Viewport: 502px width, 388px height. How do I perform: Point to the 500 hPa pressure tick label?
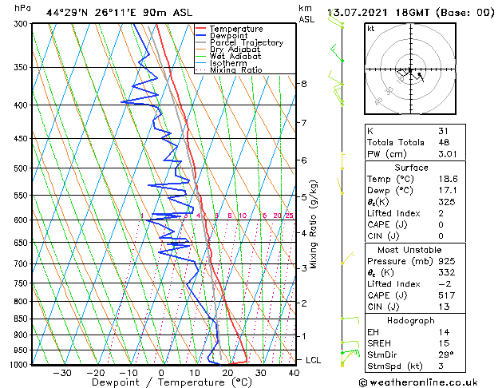(x=19, y=168)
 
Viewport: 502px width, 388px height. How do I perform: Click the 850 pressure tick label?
(x=19, y=319)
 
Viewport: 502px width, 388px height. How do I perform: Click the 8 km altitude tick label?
(x=304, y=84)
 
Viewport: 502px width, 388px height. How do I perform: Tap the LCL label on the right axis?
(x=314, y=360)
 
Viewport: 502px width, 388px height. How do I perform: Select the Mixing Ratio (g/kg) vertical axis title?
(x=314, y=224)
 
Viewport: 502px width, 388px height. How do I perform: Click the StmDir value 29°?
(x=446, y=355)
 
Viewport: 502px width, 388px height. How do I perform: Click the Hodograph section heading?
(x=411, y=320)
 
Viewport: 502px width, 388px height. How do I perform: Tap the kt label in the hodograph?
(x=371, y=29)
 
